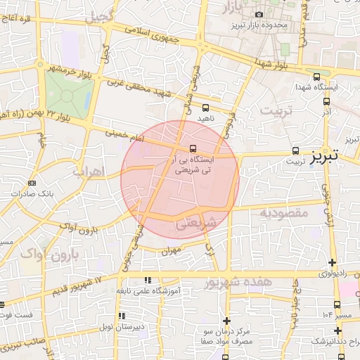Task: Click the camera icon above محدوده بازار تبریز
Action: pos(259,15)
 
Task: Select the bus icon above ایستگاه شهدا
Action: pos(316,77)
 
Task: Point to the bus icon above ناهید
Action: pos(205,108)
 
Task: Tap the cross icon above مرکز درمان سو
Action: pos(226,320)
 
